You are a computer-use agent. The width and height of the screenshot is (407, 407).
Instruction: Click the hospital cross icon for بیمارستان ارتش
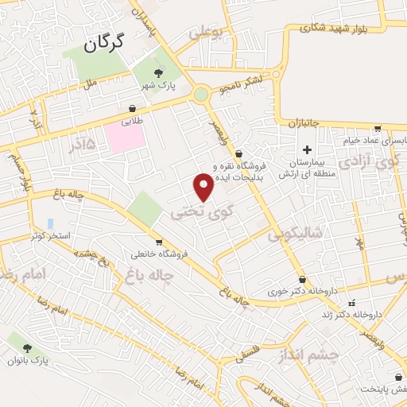[307, 149]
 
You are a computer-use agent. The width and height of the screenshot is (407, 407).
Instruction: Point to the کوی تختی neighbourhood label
[192, 212]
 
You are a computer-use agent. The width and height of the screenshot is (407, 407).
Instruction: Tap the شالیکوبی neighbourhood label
[294, 233]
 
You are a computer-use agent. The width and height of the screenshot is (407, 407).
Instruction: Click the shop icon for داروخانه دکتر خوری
[302, 279]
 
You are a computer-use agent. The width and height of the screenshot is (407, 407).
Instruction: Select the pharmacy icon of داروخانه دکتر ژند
[351, 302]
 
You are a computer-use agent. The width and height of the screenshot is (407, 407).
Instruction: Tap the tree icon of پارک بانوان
[29, 348]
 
